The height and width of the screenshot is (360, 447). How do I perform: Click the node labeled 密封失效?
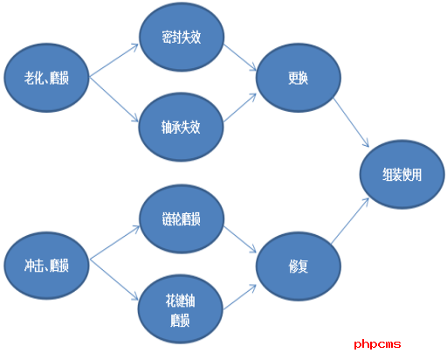pyautogui.click(x=182, y=37)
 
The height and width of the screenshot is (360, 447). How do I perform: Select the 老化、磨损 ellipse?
pyautogui.click(x=46, y=78)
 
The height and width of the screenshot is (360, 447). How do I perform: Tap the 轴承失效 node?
pyautogui.click(x=181, y=127)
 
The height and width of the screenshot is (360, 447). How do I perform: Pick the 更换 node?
pyautogui.click(x=299, y=78)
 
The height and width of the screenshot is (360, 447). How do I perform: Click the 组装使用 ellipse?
pyautogui.click(x=402, y=174)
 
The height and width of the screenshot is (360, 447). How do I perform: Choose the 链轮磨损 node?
pyautogui.click(x=182, y=218)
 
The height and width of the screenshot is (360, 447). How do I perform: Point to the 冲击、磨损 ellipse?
pyautogui.click(x=46, y=266)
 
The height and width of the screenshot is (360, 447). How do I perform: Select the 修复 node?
pyautogui.click(x=299, y=266)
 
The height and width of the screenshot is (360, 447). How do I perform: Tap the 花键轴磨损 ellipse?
pyautogui.click(x=181, y=309)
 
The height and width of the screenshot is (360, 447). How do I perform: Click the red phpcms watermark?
pyautogui.click(x=377, y=344)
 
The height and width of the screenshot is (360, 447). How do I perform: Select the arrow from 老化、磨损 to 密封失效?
pyautogui.click(x=113, y=60)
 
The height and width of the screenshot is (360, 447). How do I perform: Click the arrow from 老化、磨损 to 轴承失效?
pyautogui.click(x=113, y=100)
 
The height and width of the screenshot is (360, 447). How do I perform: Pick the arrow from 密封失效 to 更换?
pyautogui.click(x=240, y=58)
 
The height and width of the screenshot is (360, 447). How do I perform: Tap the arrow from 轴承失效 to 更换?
pyautogui.click(x=240, y=107)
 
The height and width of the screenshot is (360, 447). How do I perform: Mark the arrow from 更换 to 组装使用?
pyautogui.click(x=351, y=122)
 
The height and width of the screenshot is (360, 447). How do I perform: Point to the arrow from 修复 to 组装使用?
pyautogui.click(x=350, y=220)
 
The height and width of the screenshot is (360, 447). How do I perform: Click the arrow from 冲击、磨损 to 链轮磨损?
pyautogui.click(x=114, y=242)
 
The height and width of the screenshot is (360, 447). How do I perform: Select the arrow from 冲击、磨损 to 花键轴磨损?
pyautogui.click(x=113, y=280)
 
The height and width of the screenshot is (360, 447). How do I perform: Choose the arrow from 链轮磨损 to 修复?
pyautogui.click(x=240, y=239)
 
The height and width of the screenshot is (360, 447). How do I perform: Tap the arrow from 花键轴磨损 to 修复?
pyautogui.click(x=240, y=297)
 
